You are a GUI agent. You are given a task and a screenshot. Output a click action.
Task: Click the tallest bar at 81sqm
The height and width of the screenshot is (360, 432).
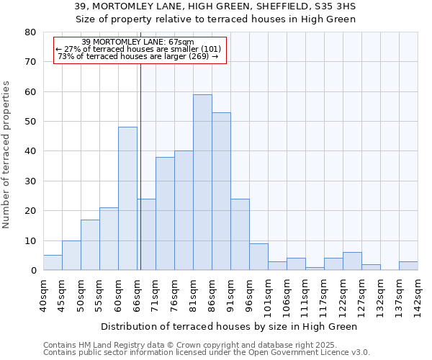click(202, 182)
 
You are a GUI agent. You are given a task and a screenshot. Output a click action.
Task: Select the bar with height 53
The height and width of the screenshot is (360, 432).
click(221, 192)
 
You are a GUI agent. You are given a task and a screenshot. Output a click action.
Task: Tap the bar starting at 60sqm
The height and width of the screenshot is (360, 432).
click(127, 199)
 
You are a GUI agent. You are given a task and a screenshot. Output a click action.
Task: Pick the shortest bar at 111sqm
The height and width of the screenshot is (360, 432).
click(315, 269)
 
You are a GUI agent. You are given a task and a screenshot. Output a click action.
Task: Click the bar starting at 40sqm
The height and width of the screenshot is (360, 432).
click(53, 263)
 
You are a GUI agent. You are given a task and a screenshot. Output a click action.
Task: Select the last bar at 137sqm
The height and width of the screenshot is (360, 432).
click(408, 266)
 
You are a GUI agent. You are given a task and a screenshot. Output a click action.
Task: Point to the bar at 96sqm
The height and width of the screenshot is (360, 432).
click(258, 257)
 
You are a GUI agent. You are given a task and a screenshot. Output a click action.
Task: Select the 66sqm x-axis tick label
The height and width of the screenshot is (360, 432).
click(137, 293)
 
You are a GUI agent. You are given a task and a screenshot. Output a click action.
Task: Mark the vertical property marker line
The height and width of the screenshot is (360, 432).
click(140, 166)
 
